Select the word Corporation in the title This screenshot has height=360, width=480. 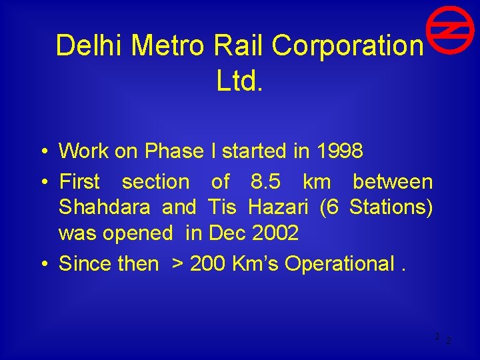(x=347, y=46)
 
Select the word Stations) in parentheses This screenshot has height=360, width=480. (x=391, y=207)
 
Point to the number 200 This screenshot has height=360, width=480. (x=208, y=264)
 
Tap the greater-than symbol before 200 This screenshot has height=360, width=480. (x=178, y=264)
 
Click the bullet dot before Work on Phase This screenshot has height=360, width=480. (x=42, y=152)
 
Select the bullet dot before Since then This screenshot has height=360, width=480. (x=42, y=265)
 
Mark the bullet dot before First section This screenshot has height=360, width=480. (x=42, y=182)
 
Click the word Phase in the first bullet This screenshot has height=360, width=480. (x=173, y=151)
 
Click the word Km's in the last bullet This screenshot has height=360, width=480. (x=256, y=264)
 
